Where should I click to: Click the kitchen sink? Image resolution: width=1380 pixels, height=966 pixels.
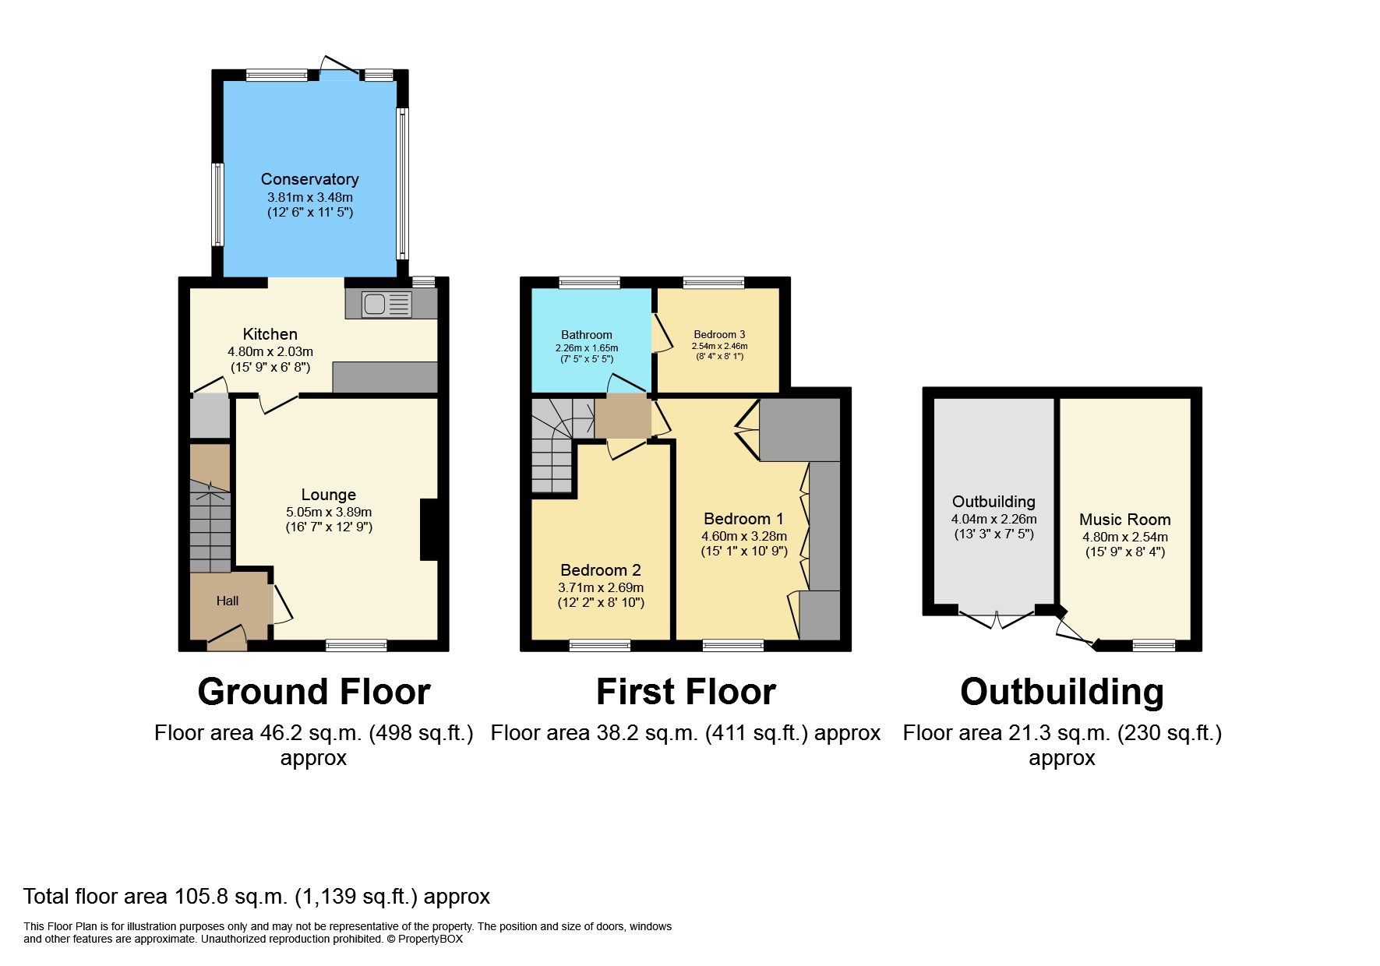[386, 305]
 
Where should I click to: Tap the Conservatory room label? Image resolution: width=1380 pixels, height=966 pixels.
[309, 179]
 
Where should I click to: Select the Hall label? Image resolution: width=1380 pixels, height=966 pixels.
[228, 601]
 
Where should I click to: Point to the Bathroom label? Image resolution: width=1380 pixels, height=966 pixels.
[586, 335]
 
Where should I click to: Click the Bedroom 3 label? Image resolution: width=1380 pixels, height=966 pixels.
[719, 334]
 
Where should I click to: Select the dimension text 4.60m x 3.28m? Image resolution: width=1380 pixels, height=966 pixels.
[743, 536]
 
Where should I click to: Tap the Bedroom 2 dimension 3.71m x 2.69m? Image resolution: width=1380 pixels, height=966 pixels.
[600, 587]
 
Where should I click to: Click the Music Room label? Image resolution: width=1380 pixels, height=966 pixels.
[1124, 520]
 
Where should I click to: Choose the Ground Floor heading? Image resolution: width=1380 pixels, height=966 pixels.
[313, 692]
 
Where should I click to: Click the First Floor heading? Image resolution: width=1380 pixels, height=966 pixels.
[686, 692]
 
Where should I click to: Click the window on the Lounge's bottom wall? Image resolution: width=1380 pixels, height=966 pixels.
[356, 644]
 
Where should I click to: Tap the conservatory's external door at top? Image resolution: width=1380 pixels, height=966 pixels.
[340, 69]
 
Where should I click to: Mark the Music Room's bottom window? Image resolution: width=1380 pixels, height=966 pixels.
[1153, 644]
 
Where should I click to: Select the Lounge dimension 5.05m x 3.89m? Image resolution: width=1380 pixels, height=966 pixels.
[328, 512]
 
